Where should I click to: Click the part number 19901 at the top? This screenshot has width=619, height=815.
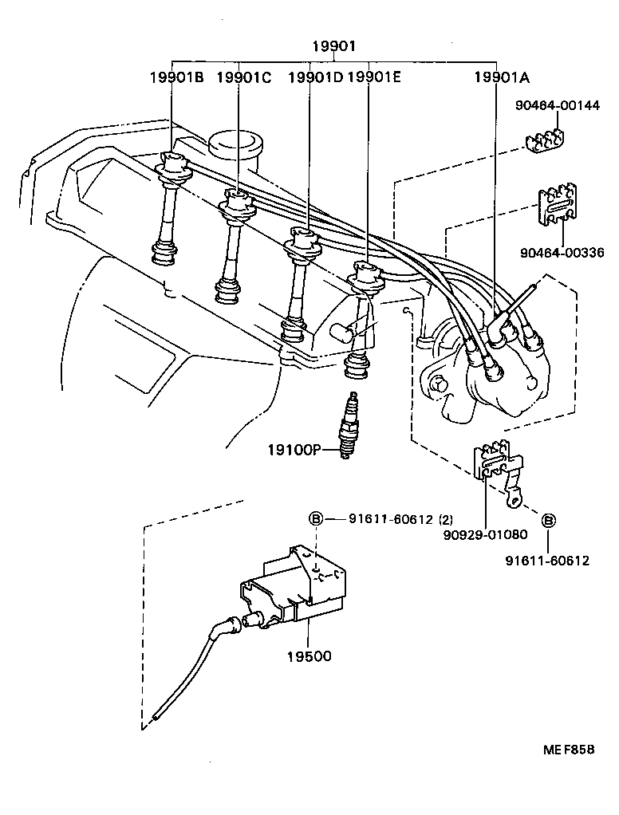333,47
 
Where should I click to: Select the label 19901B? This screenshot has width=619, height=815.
176,77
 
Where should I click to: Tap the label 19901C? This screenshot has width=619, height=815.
243,77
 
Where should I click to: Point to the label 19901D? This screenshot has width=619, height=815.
314,77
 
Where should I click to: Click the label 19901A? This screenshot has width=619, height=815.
503,77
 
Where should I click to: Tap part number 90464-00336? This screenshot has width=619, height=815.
562,253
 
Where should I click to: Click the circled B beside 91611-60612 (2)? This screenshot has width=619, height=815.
316,519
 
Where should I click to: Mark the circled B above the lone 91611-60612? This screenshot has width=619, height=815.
549,520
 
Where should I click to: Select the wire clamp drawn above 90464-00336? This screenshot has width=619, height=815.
558,209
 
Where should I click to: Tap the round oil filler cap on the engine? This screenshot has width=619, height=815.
237,144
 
